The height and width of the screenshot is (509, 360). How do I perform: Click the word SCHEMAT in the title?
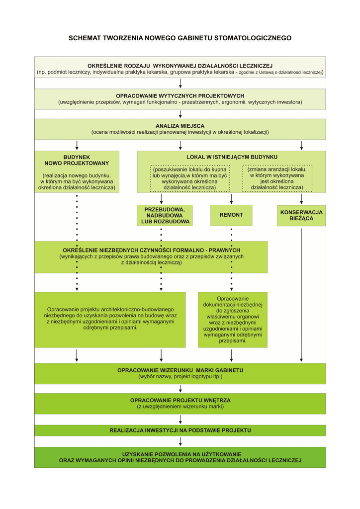pos(85,38)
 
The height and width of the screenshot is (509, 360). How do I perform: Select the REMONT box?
pos(231,215)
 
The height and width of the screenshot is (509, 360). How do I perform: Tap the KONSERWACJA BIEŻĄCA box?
pos(301,215)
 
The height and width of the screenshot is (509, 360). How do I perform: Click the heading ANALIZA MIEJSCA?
pos(180,126)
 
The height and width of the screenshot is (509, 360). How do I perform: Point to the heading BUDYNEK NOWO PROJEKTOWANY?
pos(77,160)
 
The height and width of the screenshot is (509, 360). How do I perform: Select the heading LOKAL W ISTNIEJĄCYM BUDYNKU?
pos(232,157)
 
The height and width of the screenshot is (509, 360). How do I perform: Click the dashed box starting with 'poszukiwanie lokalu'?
pos(189,178)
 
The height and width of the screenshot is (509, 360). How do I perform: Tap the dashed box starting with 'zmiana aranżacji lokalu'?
pos(277,178)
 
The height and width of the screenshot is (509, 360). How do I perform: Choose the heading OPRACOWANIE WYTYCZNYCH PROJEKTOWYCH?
pos(180,95)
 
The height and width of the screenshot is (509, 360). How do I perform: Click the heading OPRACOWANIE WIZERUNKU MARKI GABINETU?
pos(180,370)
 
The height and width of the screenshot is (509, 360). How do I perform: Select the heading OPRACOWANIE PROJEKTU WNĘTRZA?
pos(180,400)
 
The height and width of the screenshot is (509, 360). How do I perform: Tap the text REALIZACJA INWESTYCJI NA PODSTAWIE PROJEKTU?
pos(180,430)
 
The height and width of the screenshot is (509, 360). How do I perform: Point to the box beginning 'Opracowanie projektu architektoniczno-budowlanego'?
pos(110,318)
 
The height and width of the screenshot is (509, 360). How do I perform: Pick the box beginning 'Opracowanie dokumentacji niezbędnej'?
pos(232,319)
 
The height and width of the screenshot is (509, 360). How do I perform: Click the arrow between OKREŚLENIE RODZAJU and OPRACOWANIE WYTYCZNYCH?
pos(180,83)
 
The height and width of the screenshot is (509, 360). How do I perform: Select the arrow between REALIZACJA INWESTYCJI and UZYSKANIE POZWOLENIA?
pos(180,441)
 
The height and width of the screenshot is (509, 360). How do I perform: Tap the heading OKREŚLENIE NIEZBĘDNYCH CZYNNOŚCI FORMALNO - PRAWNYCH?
pos(151,250)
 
